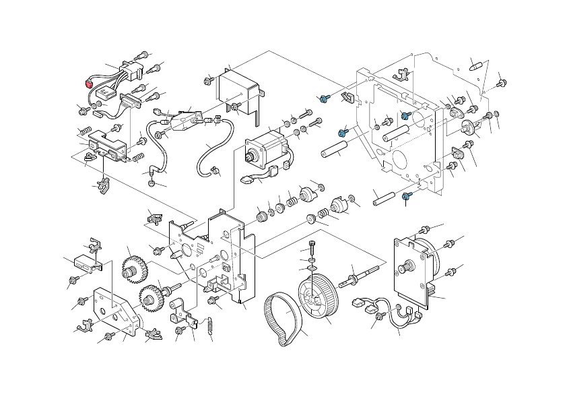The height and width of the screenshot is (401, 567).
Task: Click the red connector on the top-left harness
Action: (87, 84)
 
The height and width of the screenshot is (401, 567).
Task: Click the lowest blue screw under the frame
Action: (406, 196)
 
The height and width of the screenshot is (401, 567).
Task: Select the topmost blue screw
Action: (324, 99)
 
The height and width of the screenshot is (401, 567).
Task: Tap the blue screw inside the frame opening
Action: (405, 115)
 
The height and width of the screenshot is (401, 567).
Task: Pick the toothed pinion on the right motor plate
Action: (408, 266)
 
